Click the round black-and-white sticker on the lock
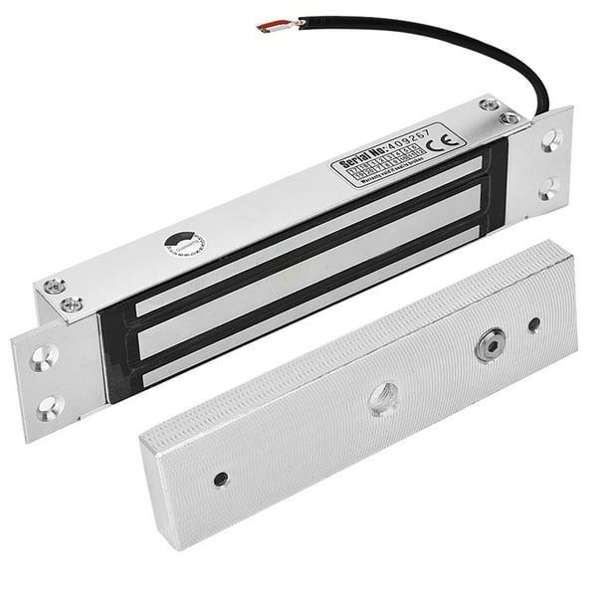coord(184,243)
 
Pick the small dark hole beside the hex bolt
coord(534,324)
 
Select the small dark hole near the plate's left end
coord(220,479)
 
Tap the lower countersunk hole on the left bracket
coord(50,406)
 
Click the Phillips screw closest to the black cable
coord(509,118)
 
